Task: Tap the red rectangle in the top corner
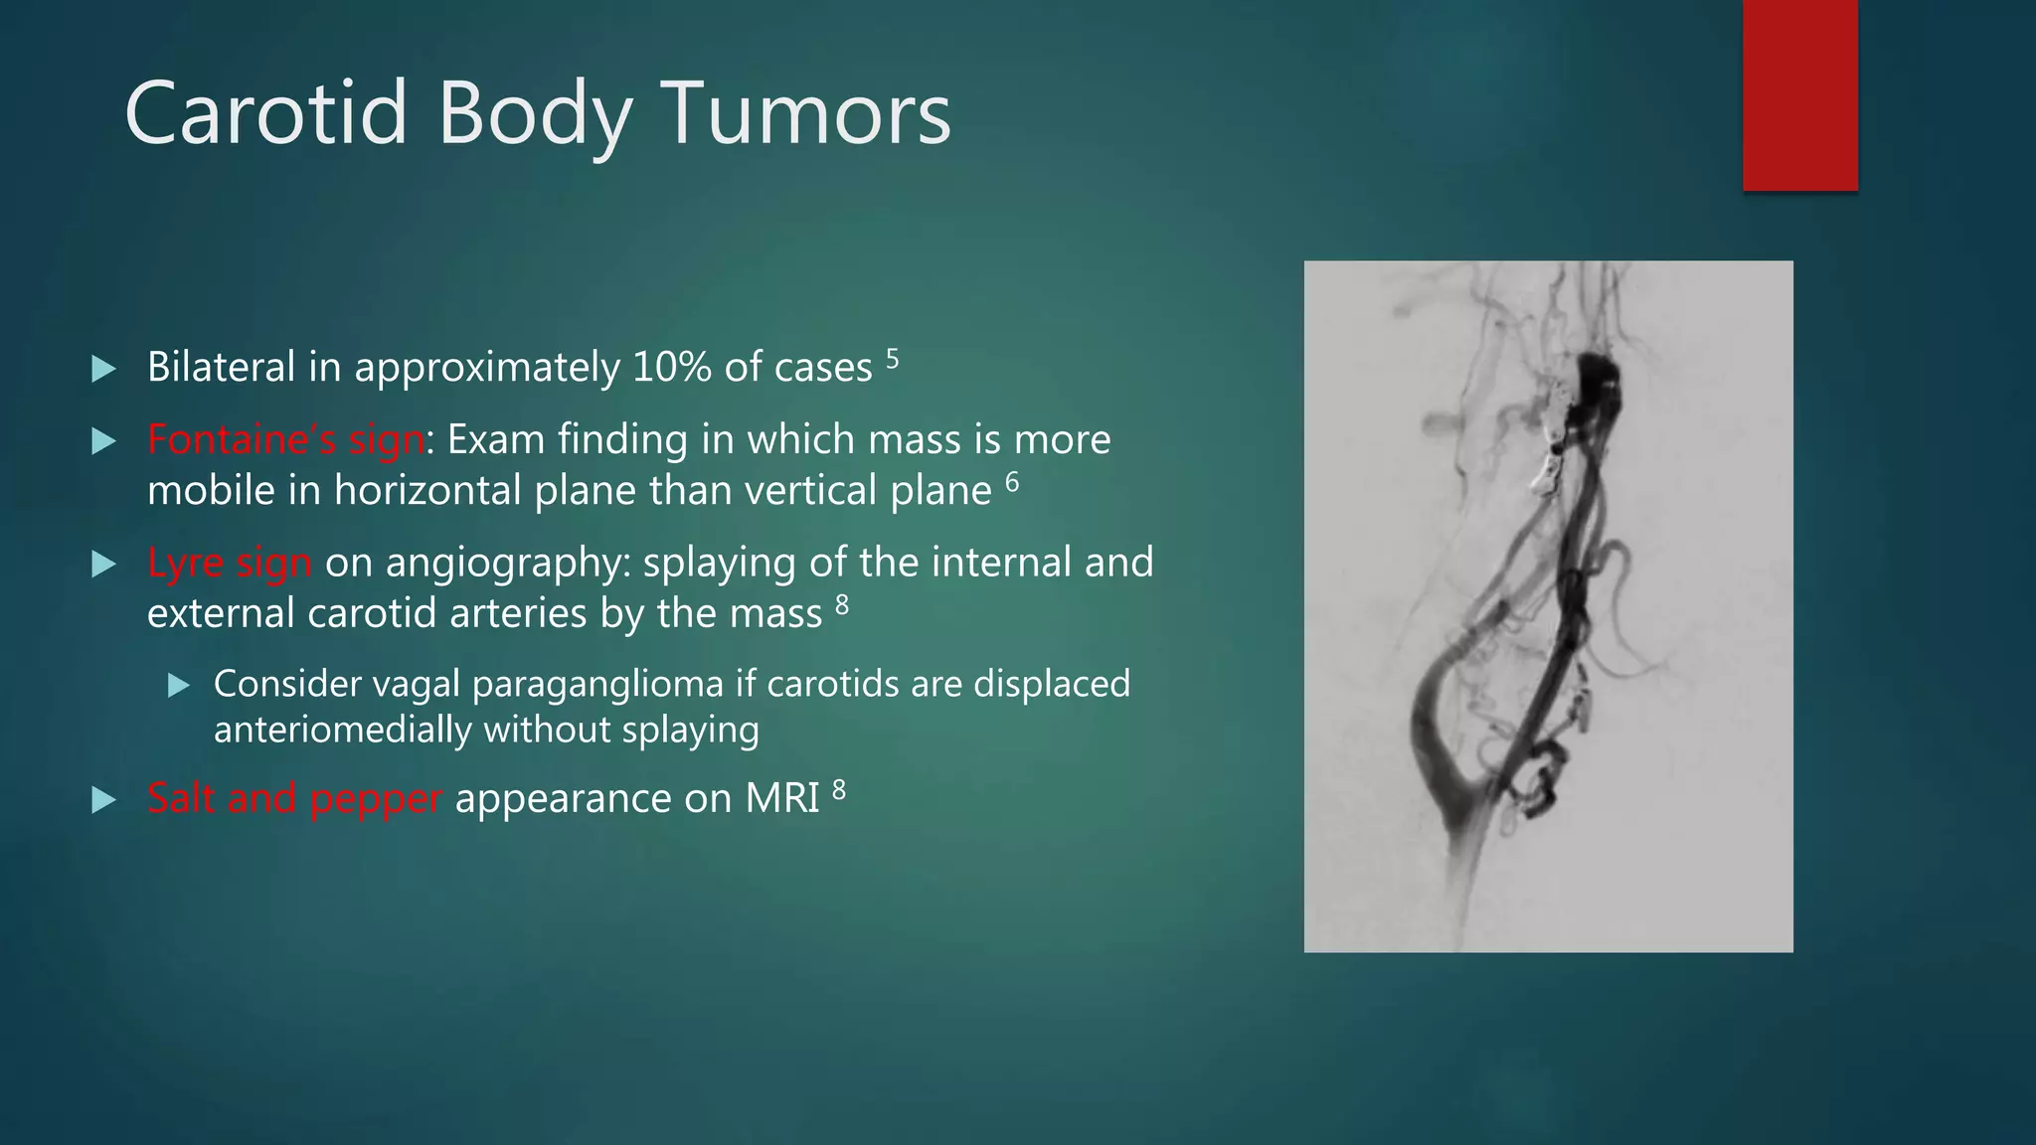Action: pos(1799,94)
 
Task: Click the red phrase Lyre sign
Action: pos(230,563)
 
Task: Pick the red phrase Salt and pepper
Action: pos(294,798)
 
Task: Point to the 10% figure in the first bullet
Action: pos(672,368)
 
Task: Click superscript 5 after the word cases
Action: pos(892,358)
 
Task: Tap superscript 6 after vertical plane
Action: pos(1012,482)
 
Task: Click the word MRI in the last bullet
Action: pos(782,798)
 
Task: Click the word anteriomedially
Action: pos(343,731)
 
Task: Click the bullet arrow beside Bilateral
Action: pos(103,370)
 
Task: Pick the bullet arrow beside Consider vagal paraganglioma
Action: pos(179,685)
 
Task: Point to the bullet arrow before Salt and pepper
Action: pos(103,800)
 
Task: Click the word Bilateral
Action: pos(222,368)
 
